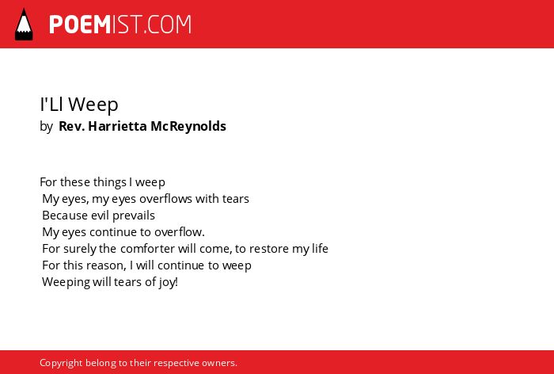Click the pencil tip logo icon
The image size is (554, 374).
[x=24, y=25]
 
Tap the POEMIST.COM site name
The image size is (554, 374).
[x=120, y=25]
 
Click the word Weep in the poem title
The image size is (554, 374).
[x=93, y=105]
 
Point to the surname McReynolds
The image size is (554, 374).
[x=188, y=126]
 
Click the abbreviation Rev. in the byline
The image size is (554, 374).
[x=72, y=126]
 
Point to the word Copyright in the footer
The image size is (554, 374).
[x=61, y=363]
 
